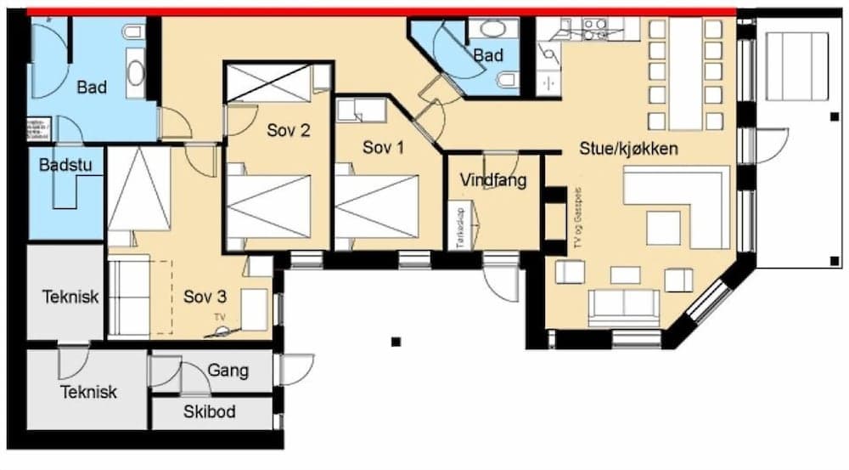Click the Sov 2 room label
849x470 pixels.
coord(288,131)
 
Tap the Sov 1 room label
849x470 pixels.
coord(384,147)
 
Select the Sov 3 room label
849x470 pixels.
coord(205,297)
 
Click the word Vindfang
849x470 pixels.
coord(493,180)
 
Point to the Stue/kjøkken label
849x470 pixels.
coord(628,149)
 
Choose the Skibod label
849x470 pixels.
coord(210,412)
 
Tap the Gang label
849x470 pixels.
coord(228,371)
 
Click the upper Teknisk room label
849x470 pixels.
coord(70,297)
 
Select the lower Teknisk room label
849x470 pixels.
coord(88,393)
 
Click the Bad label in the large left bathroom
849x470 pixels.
coord(92,87)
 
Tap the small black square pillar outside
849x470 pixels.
coord(396,343)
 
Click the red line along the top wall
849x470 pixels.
coord(382,11)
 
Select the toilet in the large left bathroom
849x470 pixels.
coord(134,33)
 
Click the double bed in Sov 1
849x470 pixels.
coord(377,207)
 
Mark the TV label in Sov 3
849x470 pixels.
coord(220,317)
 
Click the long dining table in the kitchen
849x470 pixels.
coord(686,73)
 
